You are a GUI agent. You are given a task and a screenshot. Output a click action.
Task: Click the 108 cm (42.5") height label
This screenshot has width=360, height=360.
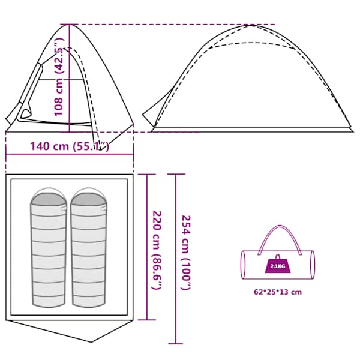click(58, 77)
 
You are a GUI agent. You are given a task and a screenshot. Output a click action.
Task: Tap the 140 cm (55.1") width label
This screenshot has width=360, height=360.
click(70, 146)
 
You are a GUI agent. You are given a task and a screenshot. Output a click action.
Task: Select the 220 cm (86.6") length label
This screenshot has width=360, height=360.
click(157, 250)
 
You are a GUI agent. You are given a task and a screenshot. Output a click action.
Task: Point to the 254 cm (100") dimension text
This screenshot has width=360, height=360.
click(186, 253)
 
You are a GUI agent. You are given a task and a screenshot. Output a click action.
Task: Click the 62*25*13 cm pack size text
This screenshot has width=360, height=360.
click(278, 292)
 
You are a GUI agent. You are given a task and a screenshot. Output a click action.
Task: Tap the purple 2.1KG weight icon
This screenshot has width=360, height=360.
click(278, 264)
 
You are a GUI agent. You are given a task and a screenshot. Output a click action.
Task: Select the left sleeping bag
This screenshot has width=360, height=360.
click(49, 247)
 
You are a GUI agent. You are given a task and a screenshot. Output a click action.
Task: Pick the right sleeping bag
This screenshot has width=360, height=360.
click(89, 247)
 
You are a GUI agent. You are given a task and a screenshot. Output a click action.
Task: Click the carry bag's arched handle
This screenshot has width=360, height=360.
click(280, 230)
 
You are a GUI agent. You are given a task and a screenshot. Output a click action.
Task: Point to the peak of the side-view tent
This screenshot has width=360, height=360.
click(251, 25)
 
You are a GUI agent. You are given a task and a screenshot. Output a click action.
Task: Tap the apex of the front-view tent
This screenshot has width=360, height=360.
click(69, 25)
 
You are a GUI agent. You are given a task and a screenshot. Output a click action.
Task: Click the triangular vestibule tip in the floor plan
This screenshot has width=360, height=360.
click(92, 342)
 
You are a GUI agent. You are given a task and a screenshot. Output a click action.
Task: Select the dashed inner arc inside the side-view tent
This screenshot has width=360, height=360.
click(251, 43)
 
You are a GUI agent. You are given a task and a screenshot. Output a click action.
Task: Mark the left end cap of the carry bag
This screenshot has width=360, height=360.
click(243, 265)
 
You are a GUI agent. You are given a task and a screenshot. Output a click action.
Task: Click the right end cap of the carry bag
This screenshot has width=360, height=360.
click(312, 265)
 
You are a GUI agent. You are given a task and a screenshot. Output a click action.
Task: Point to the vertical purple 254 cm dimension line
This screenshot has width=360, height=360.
click(176, 259)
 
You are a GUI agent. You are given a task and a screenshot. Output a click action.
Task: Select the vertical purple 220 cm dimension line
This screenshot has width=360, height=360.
click(147, 247)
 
